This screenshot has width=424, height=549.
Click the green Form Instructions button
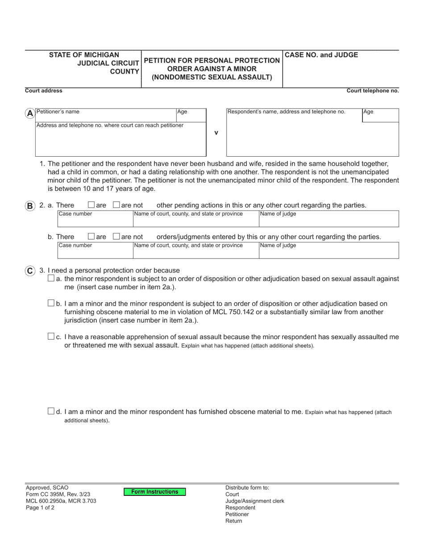154,492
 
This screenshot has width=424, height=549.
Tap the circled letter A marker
30,113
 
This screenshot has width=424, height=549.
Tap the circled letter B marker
30,206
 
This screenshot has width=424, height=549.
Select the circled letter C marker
30,270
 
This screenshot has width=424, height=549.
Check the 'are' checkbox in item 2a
91,205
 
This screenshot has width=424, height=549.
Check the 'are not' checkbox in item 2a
116,205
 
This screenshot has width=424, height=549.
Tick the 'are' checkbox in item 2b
91,237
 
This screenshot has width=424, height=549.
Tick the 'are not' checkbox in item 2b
116,237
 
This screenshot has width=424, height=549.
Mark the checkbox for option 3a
51,279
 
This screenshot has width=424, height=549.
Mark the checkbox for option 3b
51,304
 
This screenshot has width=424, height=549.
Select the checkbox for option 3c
51,337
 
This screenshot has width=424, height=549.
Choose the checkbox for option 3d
51,412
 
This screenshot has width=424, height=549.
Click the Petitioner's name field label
58,112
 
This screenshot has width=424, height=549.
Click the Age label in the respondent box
368,112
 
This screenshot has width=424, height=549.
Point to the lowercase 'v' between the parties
216,133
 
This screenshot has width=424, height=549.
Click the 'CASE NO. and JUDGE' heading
321,55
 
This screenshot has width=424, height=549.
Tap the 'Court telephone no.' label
373,91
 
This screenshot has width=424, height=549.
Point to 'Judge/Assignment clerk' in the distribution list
254,501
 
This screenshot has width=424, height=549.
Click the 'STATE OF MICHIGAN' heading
84,55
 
